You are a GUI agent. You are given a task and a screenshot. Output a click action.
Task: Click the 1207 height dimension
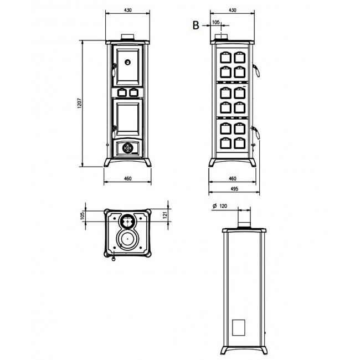[x=79, y=104]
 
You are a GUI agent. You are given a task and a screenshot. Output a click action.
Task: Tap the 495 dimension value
[x=234, y=189]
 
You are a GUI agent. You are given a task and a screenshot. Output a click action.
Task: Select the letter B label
[x=196, y=25]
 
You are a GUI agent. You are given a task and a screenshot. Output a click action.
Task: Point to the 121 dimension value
[x=165, y=215]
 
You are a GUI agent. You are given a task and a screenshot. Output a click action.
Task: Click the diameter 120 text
[x=220, y=206]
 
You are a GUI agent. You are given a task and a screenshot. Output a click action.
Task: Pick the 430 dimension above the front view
[x=127, y=10]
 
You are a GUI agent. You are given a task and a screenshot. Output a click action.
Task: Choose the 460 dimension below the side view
[x=233, y=178]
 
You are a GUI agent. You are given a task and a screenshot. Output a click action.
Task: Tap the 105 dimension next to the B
[x=216, y=22]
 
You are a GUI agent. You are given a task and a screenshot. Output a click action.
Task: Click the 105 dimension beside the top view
[x=83, y=216]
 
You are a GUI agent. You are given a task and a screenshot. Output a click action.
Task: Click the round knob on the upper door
[x=127, y=62]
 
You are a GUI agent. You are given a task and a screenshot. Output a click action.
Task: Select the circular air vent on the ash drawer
[x=127, y=148]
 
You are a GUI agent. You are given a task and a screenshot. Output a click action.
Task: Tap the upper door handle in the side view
[x=256, y=70]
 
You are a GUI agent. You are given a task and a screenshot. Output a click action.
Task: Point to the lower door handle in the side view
[x=256, y=132]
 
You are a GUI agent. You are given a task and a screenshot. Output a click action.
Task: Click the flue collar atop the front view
[x=127, y=37]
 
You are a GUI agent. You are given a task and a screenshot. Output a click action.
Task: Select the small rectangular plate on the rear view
[x=238, y=327]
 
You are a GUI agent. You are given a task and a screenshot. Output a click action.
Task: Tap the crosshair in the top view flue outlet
[x=127, y=222]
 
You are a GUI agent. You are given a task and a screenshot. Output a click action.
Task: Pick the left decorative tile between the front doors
[x=122, y=92]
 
